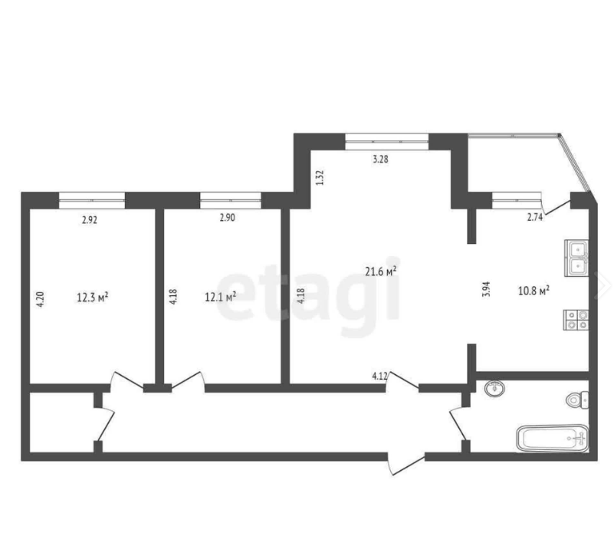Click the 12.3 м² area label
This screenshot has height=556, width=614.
pyautogui.click(x=93, y=298)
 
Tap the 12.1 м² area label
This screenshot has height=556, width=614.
pyautogui.click(x=221, y=297)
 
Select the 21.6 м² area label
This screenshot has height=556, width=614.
pyautogui.click(x=381, y=271)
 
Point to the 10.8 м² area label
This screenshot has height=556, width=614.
pyautogui.click(x=534, y=291)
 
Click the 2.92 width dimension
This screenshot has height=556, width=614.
pyautogui.click(x=89, y=220)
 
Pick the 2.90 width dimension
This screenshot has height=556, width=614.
pyautogui.click(x=227, y=218)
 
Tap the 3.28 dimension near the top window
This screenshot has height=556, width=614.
pyautogui.click(x=380, y=160)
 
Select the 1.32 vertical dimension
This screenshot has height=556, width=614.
pyautogui.click(x=320, y=177)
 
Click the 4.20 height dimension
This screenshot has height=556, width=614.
pyautogui.click(x=41, y=299)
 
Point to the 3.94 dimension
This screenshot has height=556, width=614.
pyautogui.click(x=486, y=289)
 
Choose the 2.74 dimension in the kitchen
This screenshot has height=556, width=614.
pyautogui.click(x=535, y=218)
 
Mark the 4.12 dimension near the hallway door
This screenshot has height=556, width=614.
pyautogui.click(x=379, y=376)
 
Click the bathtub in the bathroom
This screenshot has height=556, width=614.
pyautogui.click(x=553, y=439)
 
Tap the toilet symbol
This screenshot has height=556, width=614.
pyautogui.click(x=577, y=400)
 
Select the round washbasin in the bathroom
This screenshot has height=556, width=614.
pyautogui.click(x=494, y=389)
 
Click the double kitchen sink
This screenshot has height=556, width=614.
pyautogui.click(x=576, y=258)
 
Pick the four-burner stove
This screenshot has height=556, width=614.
pyautogui.click(x=576, y=320)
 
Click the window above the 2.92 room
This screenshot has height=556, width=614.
pyautogui.click(x=92, y=200)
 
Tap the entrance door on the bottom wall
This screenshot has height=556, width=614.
pyautogui.click(x=406, y=463)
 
